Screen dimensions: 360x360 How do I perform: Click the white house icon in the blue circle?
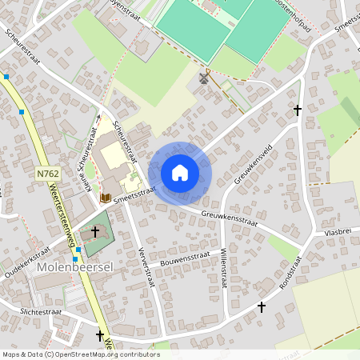(x=180, y=172)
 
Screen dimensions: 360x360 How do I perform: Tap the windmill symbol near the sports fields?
(x=203, y=78)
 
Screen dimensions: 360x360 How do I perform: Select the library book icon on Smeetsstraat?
(x=105, y=197)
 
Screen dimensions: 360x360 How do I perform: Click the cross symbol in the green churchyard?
(x=95, y=231)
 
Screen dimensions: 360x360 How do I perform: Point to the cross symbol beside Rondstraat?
(x=261, y=306)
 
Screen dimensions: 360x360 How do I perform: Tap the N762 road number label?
(x=47, y=172)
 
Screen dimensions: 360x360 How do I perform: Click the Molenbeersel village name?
(x=76, y=266)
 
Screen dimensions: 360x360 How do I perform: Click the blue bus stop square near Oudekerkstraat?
(x=76, y=259)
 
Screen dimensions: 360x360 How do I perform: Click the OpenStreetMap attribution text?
(x=80, y=354)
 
